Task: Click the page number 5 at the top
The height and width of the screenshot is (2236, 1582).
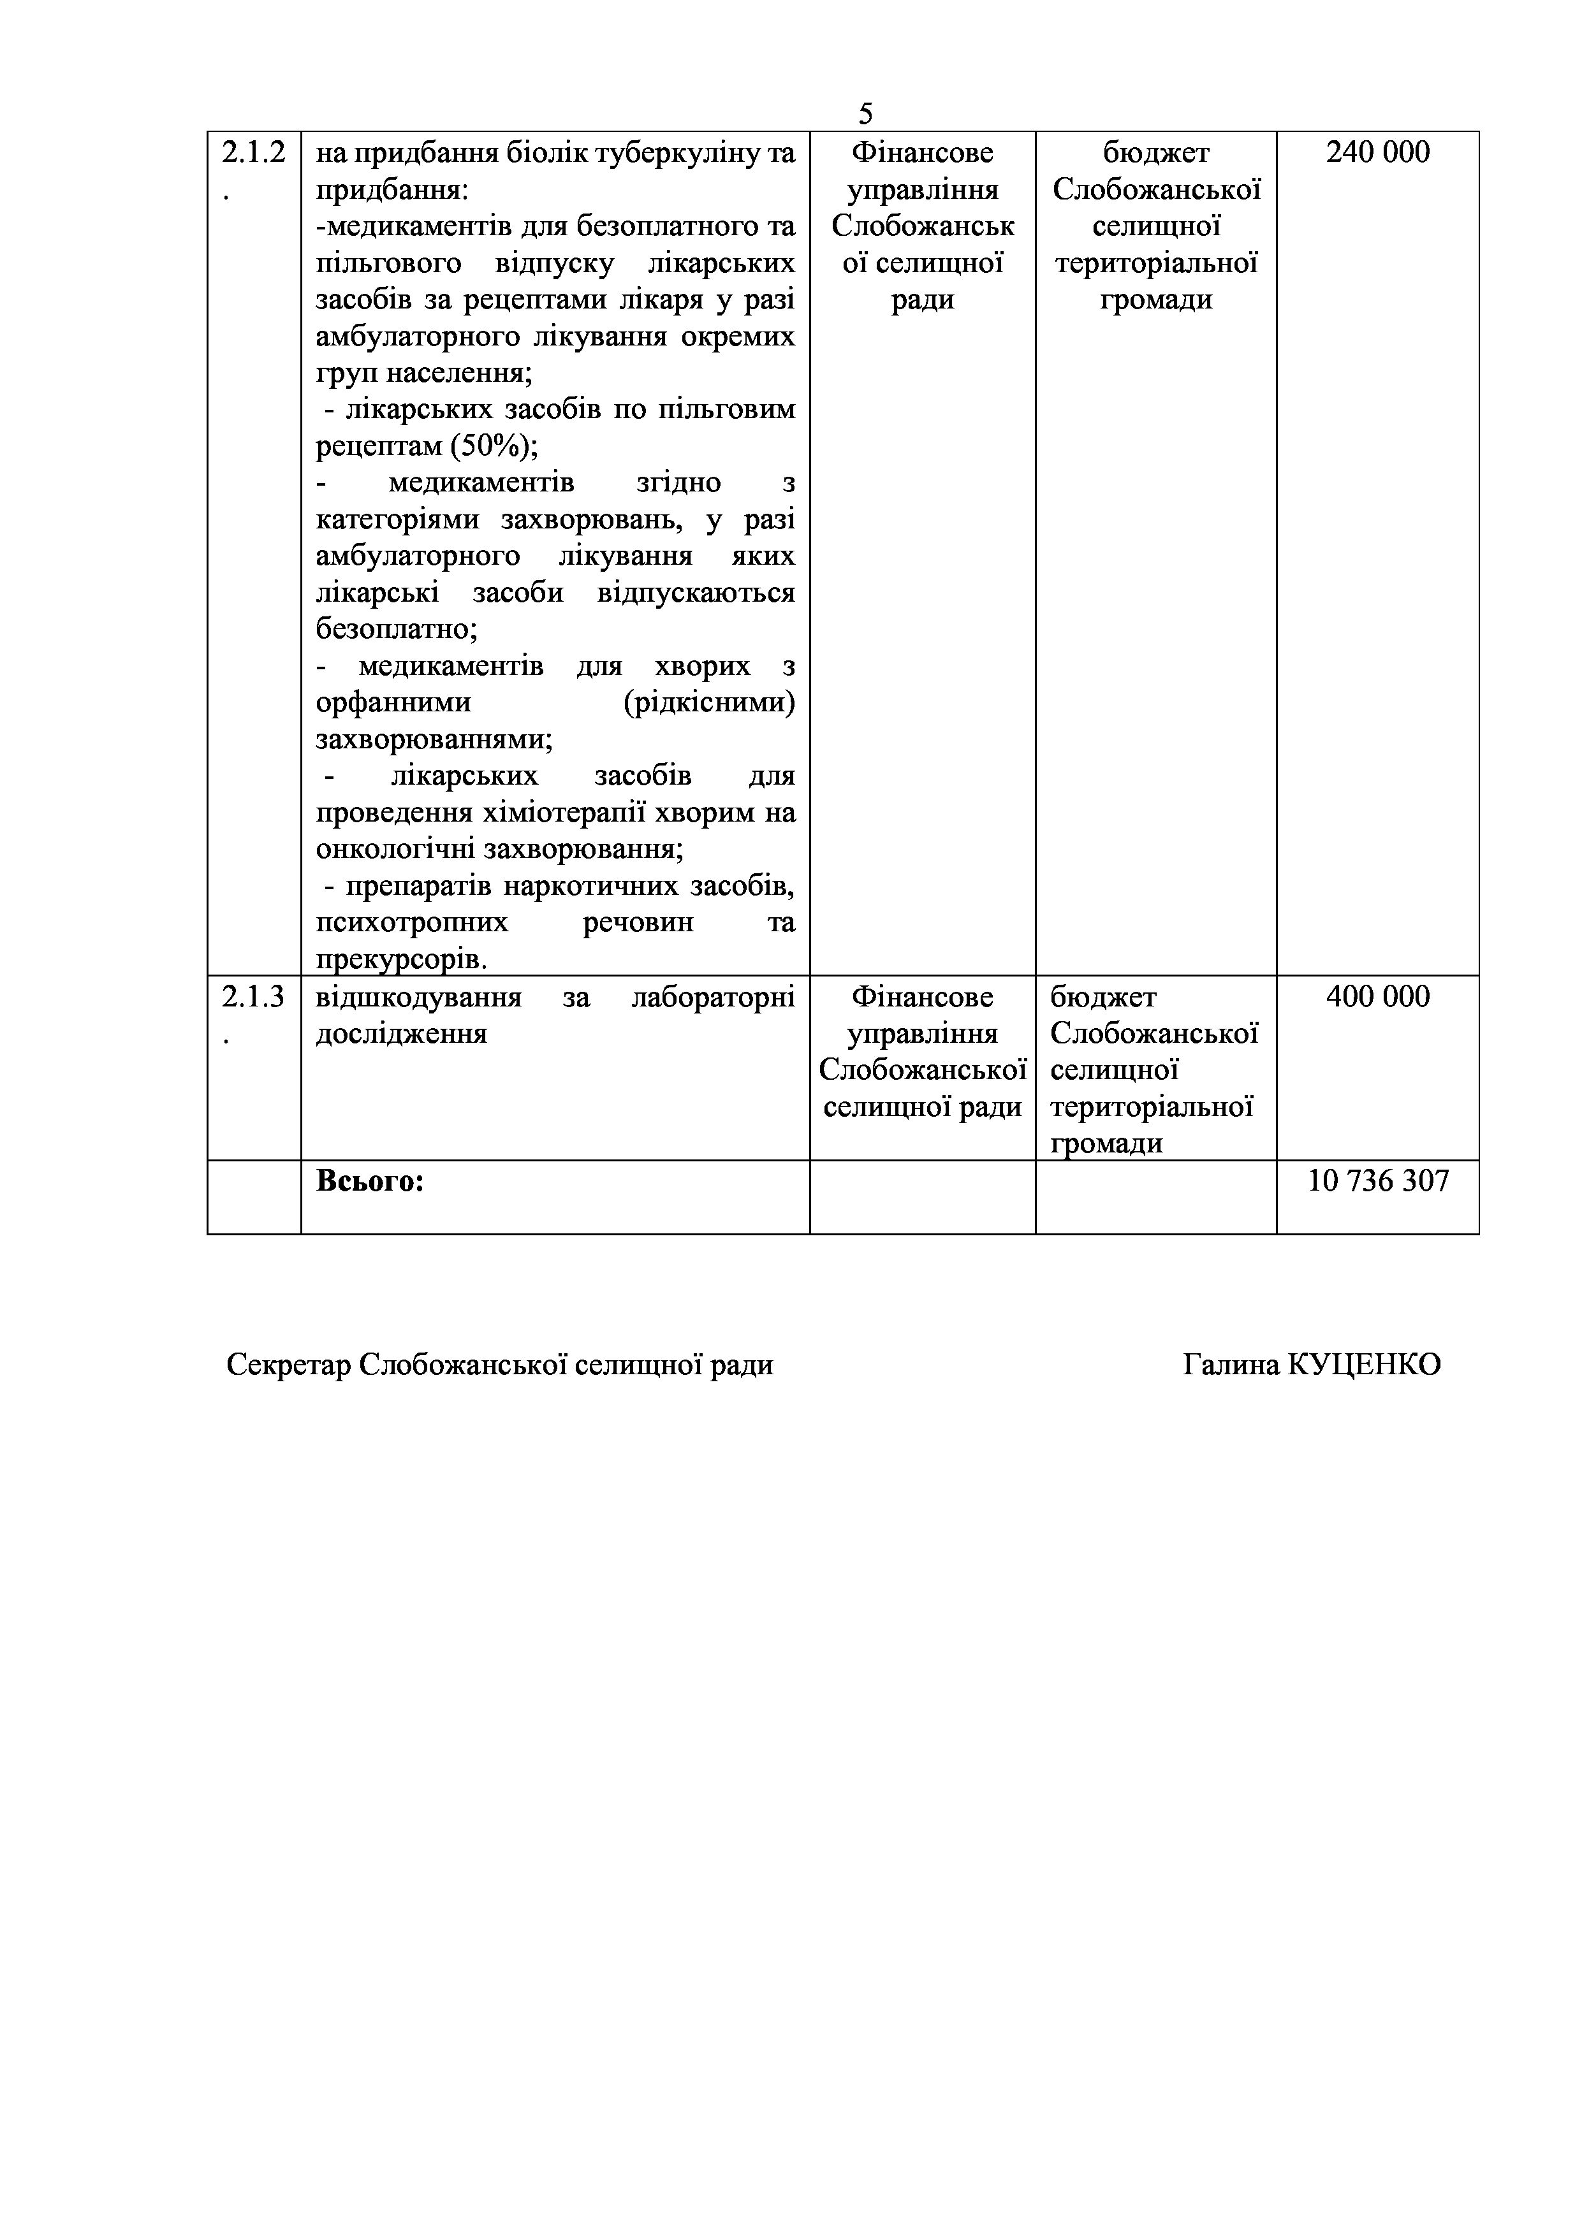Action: (865, 114)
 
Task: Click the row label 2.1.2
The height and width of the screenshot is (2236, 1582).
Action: (253, 153)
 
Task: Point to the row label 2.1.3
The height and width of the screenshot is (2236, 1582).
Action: (253, 998)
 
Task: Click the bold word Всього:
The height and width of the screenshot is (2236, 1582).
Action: (370, 1181)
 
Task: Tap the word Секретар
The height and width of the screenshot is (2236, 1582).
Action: (288, 1365)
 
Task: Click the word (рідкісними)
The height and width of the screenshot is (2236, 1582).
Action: (708, 703)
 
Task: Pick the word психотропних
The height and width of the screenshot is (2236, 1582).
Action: (412, 922)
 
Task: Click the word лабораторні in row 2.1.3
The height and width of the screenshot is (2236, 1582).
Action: (713, 998)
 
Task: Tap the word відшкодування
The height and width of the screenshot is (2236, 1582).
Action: (419, 998)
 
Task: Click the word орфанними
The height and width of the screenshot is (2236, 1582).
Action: (393, 703)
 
